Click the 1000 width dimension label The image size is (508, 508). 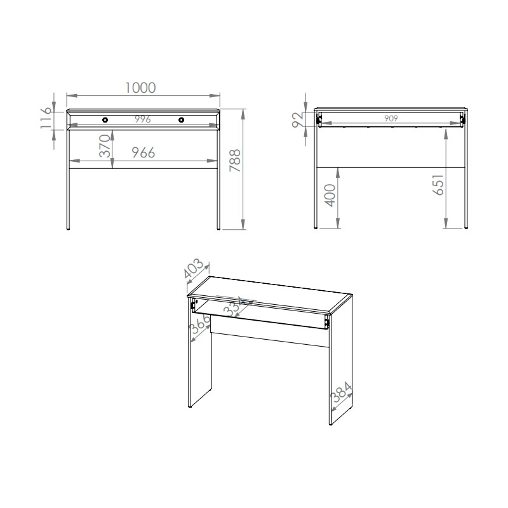coord(140,88)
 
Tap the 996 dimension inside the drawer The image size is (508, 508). coord(142,119)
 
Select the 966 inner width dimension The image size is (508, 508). coord(144,152)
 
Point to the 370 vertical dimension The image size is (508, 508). coord(105,146)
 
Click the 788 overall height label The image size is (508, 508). coord(235,161)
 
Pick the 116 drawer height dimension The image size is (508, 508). coord(46,118)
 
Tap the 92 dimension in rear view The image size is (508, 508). coord(298,119)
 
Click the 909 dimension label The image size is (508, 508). coord(391,118)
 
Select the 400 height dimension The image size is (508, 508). coord(330,195)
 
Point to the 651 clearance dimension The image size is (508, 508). coord(438,184)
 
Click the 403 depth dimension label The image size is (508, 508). coord(194,268)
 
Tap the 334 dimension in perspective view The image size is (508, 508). coord(236,306)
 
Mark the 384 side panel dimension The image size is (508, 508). coord(341,392)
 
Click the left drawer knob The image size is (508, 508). coord(105,120)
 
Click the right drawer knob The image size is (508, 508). coord(182,120)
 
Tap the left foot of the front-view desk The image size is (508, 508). coord(68,229)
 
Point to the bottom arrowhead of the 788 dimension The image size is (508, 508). coord(243,224)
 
